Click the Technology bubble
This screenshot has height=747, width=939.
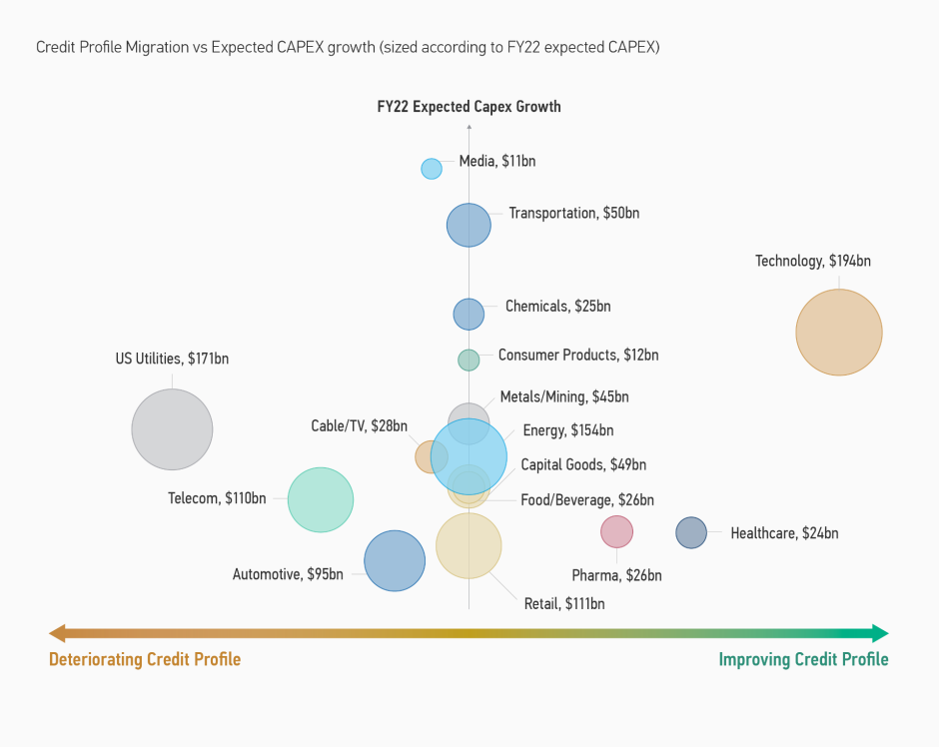839,333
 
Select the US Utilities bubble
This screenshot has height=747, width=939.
173,429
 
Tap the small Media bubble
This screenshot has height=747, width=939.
432,169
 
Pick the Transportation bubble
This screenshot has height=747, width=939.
469,225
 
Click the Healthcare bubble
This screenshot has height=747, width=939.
691,533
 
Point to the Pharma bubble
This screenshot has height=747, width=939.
616,532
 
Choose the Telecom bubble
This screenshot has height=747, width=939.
321,499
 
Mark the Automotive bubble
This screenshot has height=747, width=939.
395,561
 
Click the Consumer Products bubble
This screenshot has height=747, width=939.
469,360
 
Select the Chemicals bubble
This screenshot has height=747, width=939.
469,314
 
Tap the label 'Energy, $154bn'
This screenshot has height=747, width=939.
567,430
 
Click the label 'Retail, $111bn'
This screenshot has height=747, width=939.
564,603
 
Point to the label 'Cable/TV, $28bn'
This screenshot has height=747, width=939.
359,426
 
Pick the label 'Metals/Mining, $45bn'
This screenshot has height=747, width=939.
564,396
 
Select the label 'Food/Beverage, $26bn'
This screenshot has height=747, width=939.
587,499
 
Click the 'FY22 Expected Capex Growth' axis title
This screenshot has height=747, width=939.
469,107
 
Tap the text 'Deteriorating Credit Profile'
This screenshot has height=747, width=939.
145,659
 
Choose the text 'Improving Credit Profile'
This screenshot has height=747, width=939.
803,659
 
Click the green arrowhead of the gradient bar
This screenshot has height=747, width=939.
879,633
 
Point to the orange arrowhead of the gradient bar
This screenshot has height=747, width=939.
58,633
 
